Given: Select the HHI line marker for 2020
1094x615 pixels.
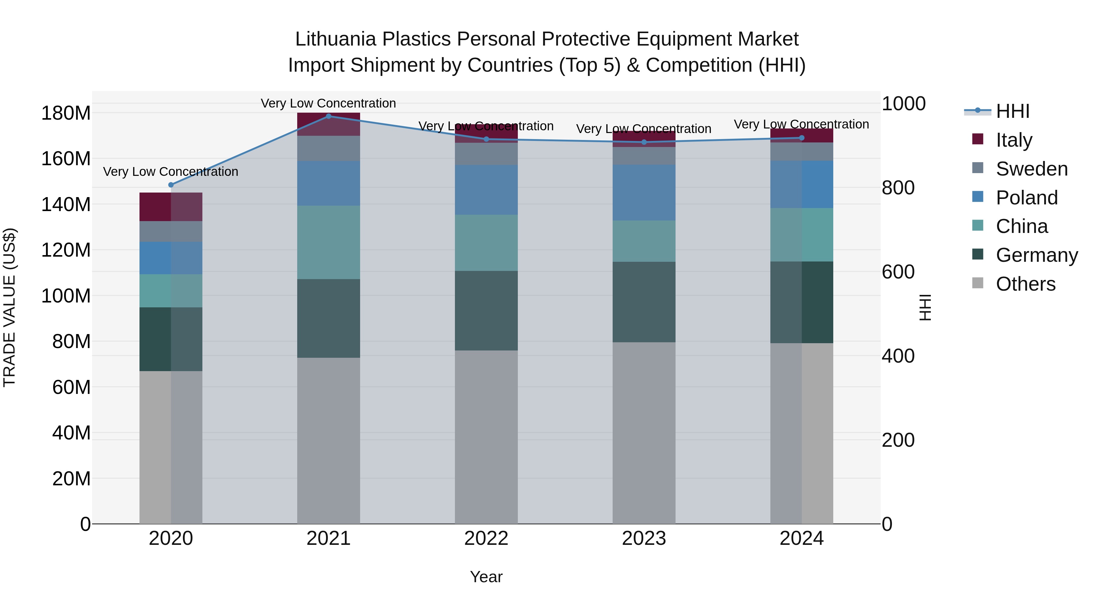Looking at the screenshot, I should (x=171, y=185).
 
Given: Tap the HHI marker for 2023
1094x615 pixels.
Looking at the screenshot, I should (x=644, y=142).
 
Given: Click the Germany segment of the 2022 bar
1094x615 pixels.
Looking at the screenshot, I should (x=486, y=310).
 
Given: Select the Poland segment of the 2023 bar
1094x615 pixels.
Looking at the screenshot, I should (x=644, y=192).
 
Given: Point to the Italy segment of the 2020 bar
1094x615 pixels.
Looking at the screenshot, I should (x=171, y=207).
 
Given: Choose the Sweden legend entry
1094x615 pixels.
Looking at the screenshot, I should (x=1031, y=169).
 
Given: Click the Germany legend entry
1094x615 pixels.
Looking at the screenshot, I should (x=1036, y=255).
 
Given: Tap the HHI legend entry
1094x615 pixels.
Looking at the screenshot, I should (x=1013, y=111).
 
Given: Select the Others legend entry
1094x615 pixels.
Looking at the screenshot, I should (x=1025, y=284).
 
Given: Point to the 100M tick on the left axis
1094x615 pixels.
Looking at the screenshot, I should (x=66, y=296).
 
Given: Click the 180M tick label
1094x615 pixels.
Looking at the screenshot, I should (x=66, y=113).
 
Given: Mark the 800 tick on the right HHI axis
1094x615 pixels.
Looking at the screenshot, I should (x=898, y=188).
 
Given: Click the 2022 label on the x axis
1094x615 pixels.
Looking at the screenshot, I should (x=486, y=538).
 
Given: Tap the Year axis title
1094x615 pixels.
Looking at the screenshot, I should (x=486, y=577).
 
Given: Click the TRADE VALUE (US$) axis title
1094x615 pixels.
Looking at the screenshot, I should (x=9, y=307).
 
